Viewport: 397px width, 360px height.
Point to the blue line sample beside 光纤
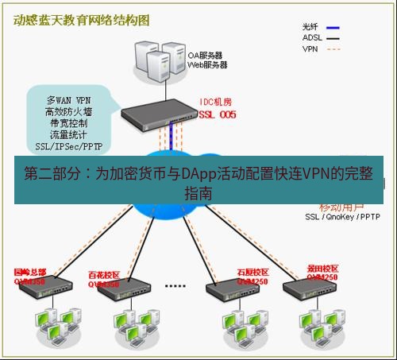coord(342,26)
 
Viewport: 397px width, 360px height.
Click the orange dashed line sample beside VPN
coord(342,48)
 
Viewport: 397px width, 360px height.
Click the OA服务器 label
coord(206,56)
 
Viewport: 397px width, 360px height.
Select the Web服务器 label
coord(207,65)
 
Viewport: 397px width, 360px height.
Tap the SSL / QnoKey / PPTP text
coord(342,216)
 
